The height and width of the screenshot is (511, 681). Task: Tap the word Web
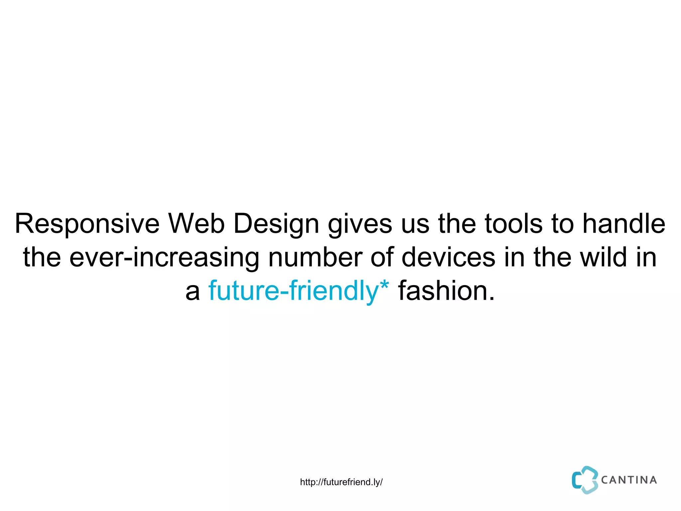click(x=196, y=224)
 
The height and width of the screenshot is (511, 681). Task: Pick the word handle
click(x=624, y=224)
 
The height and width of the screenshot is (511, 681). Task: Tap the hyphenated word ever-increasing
click(x=164, y=257)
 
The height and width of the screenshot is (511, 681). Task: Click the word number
click(x=315, y=257)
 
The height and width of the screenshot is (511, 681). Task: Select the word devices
click(x=448, y=257)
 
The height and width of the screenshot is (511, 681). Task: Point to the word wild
click(x=604, y=257)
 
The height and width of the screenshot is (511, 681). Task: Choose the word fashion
click(x=442, y=291)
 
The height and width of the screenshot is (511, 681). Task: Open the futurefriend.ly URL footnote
click(x=341, y=482)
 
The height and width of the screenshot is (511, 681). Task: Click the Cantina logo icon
click(x=585, y=480)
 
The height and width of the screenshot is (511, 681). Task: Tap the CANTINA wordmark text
click(x=629, y=480)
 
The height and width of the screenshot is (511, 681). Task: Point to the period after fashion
click(x=491, y=299)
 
